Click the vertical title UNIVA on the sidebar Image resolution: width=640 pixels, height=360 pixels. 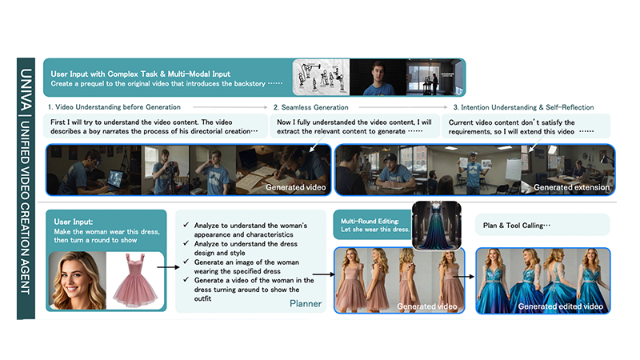tap(26, 90)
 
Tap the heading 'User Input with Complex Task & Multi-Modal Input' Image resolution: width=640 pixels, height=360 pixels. tap(141, 74)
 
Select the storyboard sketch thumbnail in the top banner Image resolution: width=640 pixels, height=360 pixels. tap(321, 77)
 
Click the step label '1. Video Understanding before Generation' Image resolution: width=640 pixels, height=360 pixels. tap(114, 107)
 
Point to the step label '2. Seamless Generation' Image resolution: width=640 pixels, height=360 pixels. tap(310, 107)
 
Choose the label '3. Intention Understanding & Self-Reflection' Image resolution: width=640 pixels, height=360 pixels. tap(523, 107)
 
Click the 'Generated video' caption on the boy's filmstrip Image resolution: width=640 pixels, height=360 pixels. tap(295, 187)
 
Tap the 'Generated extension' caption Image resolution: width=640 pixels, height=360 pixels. tap(571, 187)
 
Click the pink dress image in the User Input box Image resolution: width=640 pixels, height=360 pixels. tap(135, 280)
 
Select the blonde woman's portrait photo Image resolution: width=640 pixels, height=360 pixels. tap(77, 281)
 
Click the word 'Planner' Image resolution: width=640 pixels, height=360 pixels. tap(306, 303)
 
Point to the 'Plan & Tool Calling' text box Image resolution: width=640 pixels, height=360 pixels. tap(542, 226)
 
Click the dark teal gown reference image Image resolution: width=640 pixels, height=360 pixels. tap(436, 225)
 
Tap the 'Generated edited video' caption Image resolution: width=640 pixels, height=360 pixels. tap(561, 306)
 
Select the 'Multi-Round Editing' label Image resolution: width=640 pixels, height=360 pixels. tap(370, 222)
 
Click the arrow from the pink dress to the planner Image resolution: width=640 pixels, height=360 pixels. tap(168, 267)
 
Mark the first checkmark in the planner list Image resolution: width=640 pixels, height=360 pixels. tap(186, 225)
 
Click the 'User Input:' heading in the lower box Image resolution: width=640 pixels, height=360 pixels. tap(74, 222)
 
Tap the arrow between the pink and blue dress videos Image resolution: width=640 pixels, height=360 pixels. tap(463, 277)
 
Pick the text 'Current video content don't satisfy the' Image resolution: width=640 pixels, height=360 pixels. tap(511, 122)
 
